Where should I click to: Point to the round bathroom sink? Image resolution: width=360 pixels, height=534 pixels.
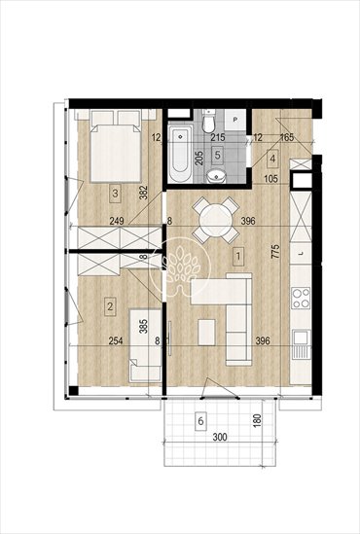tap(220, 177)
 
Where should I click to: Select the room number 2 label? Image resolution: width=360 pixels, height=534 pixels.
tap(110, 308)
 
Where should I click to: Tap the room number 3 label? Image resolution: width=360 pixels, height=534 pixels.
tap(115, 194)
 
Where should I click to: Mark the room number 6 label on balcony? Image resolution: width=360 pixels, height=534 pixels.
tap(199, 422)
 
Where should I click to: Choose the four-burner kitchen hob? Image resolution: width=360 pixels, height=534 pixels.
tap(301, 295)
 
